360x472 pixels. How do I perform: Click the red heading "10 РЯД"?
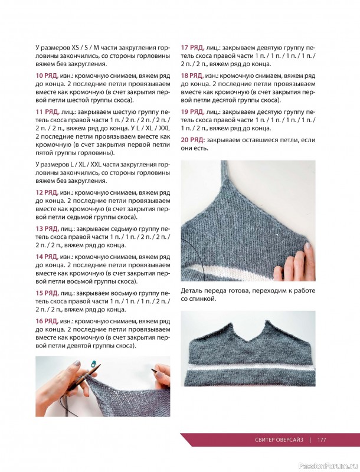pos(46,76)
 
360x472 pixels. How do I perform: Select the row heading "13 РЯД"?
pos(46,228)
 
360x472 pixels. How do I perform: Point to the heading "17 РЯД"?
pos(192,46)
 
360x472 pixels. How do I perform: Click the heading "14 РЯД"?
pos(46,257)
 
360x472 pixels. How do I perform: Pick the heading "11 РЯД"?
pos(46,111)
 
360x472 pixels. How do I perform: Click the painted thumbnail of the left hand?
pos(78,363)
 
